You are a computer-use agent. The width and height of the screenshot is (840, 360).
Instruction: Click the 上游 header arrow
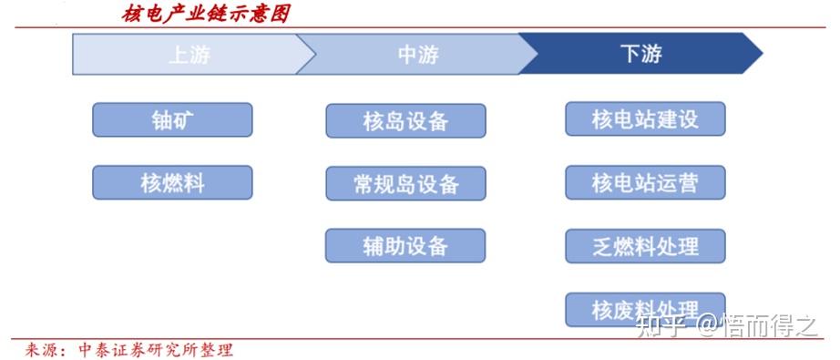point(187,54)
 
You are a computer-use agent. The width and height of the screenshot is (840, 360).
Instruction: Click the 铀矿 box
point(172,120)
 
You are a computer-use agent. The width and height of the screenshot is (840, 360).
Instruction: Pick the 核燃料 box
point(172,182)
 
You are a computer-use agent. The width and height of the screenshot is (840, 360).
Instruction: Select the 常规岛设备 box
point(405,183)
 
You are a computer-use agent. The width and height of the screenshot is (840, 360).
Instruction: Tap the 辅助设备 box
point(405,245)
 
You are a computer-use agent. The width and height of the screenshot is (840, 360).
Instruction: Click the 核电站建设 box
point(645,119)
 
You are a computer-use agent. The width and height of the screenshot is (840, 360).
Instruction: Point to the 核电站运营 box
point(645,182)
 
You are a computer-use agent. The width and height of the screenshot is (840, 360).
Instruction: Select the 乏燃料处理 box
point(645,245)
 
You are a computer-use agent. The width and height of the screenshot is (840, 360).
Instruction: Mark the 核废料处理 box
point(645,308)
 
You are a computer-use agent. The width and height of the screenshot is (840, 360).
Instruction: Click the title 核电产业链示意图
point(207,14)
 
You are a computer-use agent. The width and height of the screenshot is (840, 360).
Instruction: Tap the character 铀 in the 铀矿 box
point(161,120)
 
